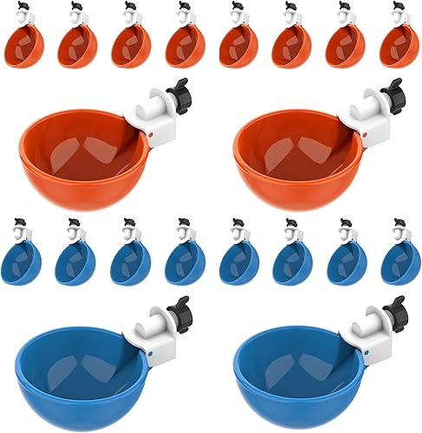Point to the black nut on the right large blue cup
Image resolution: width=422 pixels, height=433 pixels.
pyautogui.click(x=394, y=307)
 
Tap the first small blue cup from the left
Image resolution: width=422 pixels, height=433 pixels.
pyautogui.click(x=21, y=262)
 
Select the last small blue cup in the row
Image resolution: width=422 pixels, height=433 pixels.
pyautogui.click(x=398, y=262)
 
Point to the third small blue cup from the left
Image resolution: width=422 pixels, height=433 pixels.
pyautogui.click(x=128, y=262)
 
